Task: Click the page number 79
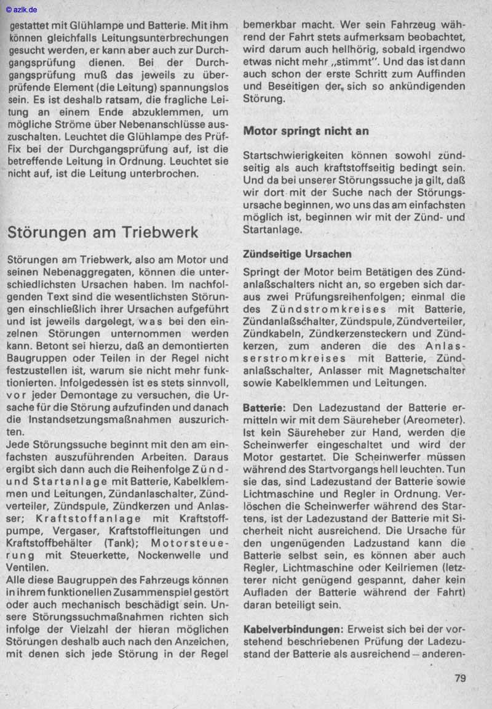[460, 679]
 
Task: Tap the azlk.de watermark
[22, 10]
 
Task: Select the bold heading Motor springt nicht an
[306, 131]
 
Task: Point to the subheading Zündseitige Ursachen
[297, 253]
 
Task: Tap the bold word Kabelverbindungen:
[292, 630]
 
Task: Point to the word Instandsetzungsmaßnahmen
[121, 419]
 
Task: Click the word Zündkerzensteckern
[368, 334]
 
